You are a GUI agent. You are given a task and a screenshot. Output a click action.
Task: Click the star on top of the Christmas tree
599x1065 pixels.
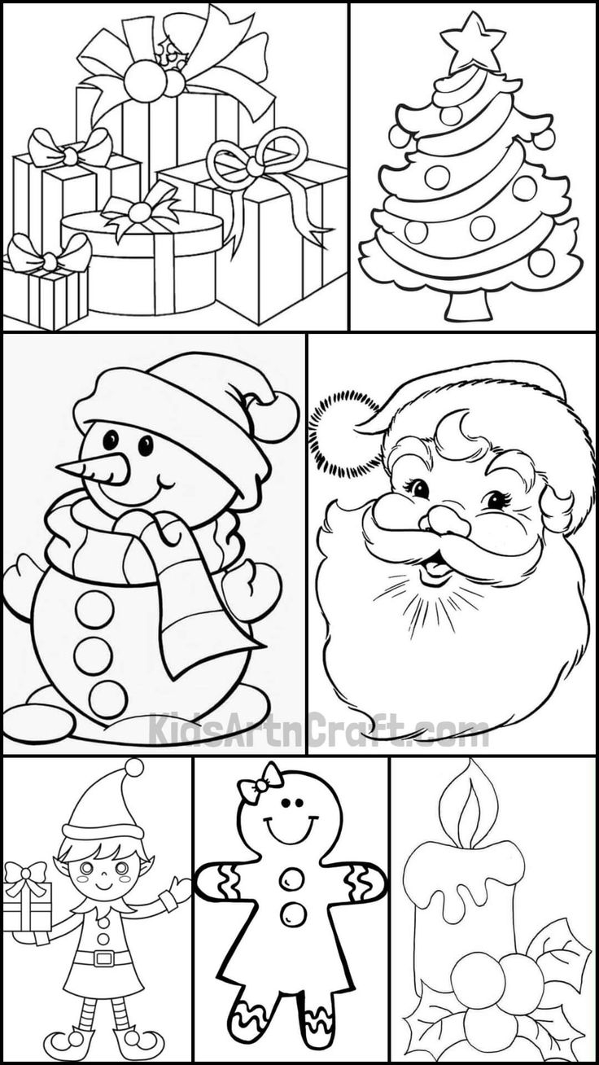pyautogui.click(x=472, y=39)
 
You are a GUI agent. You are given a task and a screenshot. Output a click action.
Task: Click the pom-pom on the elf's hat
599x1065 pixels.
pyautogui.click(x=134, y=767)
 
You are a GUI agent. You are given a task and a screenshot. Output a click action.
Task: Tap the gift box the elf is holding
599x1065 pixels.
pyautogui.click(x=26, y=904)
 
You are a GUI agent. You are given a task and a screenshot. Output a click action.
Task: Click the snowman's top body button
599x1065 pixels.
pyautogui.click(x=95, y=608)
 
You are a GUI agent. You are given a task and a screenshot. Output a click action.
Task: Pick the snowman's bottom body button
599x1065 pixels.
pyautogui.click(x=108, y=699)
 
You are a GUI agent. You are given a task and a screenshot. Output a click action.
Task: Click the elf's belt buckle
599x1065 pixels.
pyautogui.click(x=104, y=958)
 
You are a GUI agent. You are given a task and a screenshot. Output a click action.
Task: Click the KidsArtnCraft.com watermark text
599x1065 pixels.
pyautogui.click(x=317, y=730)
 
